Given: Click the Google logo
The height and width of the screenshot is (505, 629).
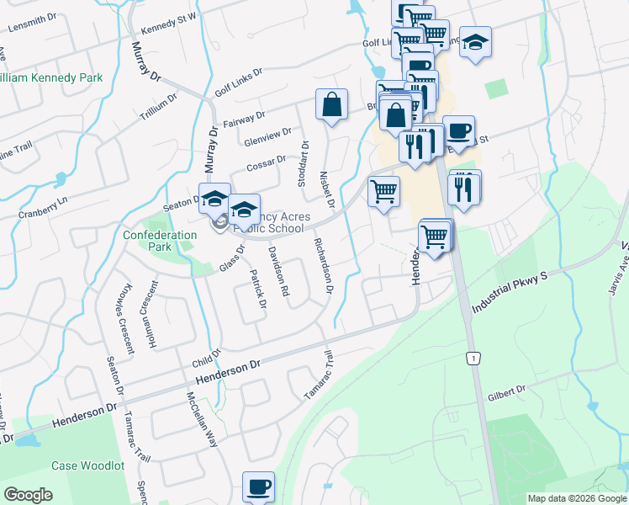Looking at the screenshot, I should coord(28,495).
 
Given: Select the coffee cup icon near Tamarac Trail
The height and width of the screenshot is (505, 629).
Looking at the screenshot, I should coord(258,486).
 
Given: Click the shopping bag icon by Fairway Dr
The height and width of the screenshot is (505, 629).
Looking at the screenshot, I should coord(332,105).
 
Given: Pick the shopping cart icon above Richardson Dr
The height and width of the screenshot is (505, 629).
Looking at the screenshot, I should coord(383,192).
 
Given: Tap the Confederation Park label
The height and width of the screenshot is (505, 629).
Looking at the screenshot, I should coord(147,241).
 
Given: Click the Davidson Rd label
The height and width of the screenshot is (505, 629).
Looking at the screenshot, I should coord(278,271).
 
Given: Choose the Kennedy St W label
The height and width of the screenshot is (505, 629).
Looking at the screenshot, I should coord(168,24).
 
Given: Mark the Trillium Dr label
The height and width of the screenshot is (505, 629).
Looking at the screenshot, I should coord(159,108).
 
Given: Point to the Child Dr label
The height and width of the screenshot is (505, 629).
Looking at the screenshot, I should coord(206,358).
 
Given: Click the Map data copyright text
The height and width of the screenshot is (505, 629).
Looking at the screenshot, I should coord(577,497).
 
